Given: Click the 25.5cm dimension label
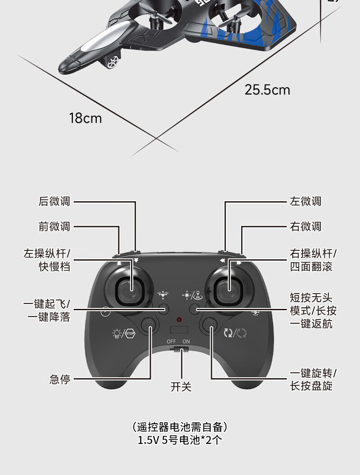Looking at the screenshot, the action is (x=267, y=90).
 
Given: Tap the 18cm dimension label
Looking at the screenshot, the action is (x=85, y=118).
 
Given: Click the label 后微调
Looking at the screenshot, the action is (x=54, y=202).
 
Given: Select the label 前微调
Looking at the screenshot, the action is (x=54, y=226).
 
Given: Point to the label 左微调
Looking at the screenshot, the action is (x=306, y=202).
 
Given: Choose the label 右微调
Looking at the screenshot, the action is (x=306, y=226).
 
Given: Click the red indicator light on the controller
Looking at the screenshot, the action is (x=180, y=320).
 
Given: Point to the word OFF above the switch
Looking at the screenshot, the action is (x=171, y=341).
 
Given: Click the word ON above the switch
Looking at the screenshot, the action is (x=186, y=341).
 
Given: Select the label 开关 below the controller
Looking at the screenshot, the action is (x=181, y=386).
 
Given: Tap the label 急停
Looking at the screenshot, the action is (x=60, y=379).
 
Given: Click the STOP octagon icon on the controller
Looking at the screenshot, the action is (x=130, y=333).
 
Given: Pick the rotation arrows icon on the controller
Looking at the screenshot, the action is (x=229, y=333).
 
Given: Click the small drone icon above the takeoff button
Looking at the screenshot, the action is (x=162, y=295).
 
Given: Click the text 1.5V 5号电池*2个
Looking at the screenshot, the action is (x=180, y=440).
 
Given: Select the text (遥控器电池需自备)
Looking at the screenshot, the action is (x=180, y=426).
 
